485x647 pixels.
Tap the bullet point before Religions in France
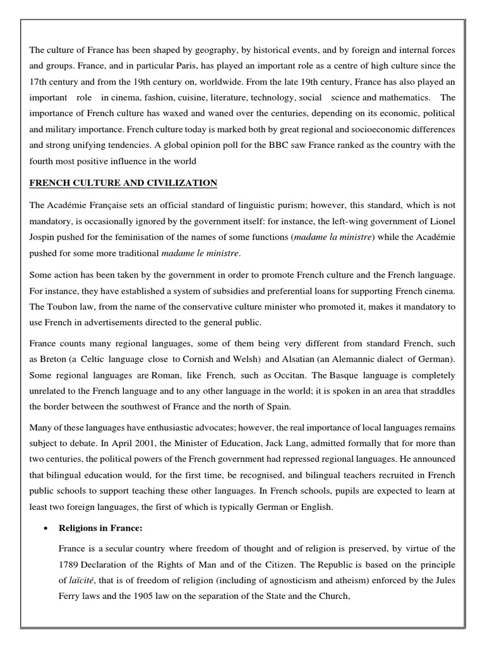click(37, 513)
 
